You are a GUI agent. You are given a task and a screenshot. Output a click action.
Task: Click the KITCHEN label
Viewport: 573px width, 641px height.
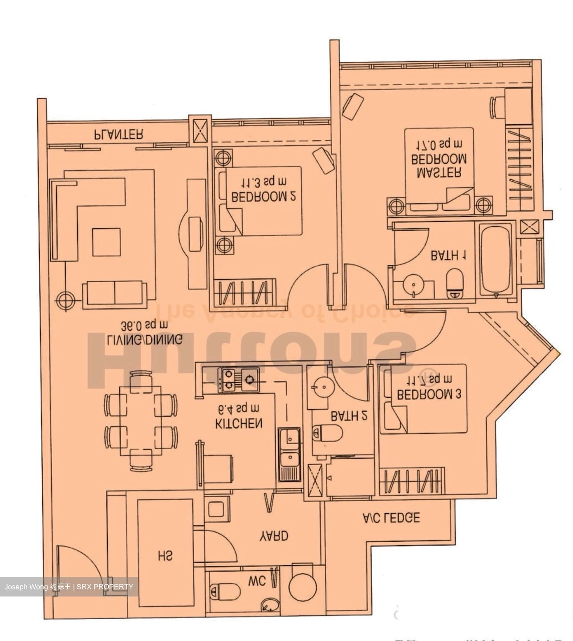[239, 423]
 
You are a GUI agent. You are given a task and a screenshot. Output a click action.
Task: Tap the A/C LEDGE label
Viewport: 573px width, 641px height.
[391, 518]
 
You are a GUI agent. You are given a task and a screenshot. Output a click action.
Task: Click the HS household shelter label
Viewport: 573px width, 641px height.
[165, 556]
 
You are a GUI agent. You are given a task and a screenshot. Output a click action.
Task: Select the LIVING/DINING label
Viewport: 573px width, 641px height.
[145, 340]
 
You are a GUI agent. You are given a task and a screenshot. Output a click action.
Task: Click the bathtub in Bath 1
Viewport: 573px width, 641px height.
[496, 260]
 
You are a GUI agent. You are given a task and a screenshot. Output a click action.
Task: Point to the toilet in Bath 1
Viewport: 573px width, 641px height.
[455, 283]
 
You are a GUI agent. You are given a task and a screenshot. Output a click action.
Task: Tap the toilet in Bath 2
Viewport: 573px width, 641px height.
[327, 432]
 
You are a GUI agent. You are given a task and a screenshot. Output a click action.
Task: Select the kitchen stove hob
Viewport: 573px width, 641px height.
[238, 380]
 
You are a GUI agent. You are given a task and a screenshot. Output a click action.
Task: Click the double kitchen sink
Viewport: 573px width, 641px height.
[289, 454]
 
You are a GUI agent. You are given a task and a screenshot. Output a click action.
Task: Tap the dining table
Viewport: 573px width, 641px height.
[140, 421]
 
